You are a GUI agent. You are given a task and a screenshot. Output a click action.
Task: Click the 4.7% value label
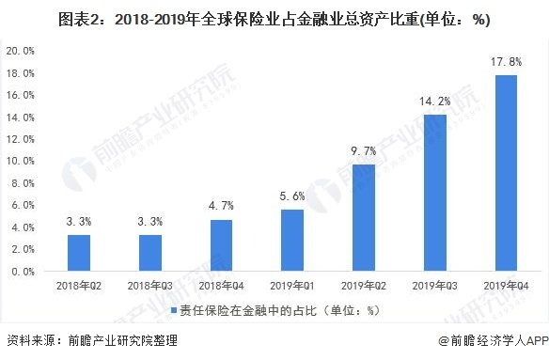[222, 206]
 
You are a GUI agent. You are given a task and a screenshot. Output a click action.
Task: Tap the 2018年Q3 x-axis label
[150, 284]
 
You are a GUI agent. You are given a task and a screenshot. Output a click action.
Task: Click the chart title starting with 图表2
[274, 18]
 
